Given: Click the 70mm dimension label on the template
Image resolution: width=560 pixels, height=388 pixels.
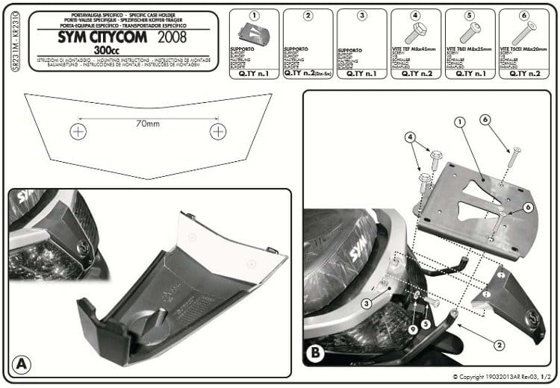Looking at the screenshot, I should click(x=146, y=124).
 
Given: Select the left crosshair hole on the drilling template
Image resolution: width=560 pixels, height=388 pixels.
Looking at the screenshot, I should click(x=78, y=132).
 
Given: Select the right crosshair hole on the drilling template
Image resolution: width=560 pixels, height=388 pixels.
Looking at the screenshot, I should click(x=218, y=131).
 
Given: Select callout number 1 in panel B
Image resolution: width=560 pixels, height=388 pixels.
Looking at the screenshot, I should click(x=460, y=122).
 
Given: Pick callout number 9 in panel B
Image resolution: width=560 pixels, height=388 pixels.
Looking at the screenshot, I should click(x=414, y=329).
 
